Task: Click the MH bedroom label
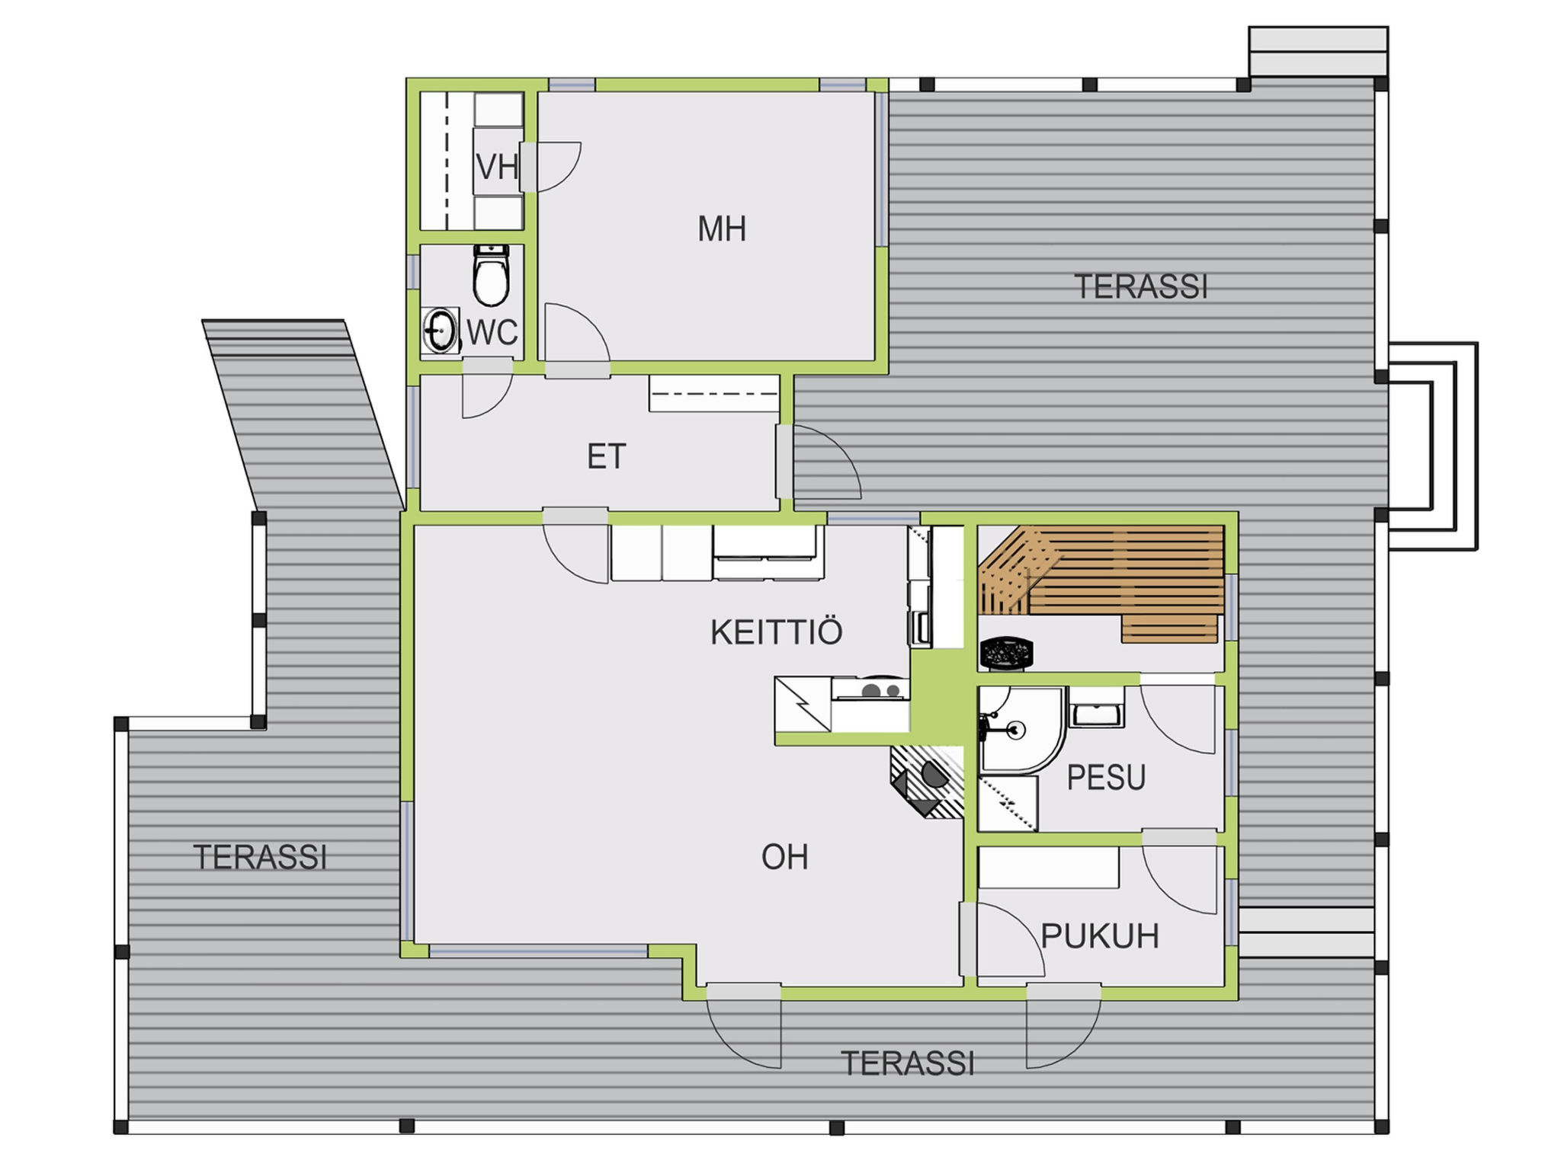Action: click(722, 229)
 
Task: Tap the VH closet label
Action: click(497, 167)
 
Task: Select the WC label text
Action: click(492, 333)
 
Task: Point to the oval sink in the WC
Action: click(440, 331)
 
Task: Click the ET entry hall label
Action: click(607, 456)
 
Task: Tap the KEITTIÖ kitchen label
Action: click(776, 631)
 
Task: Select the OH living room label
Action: click(784, 857)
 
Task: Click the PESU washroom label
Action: click(1106, 777)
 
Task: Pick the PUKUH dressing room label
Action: click(1100, 935)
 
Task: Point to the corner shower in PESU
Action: click(1021, 729)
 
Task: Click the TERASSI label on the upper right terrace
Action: click(1141, 287)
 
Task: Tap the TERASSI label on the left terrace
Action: click(260, 857)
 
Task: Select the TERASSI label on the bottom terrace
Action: click(907, 1063)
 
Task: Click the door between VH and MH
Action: click(550, 167)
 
